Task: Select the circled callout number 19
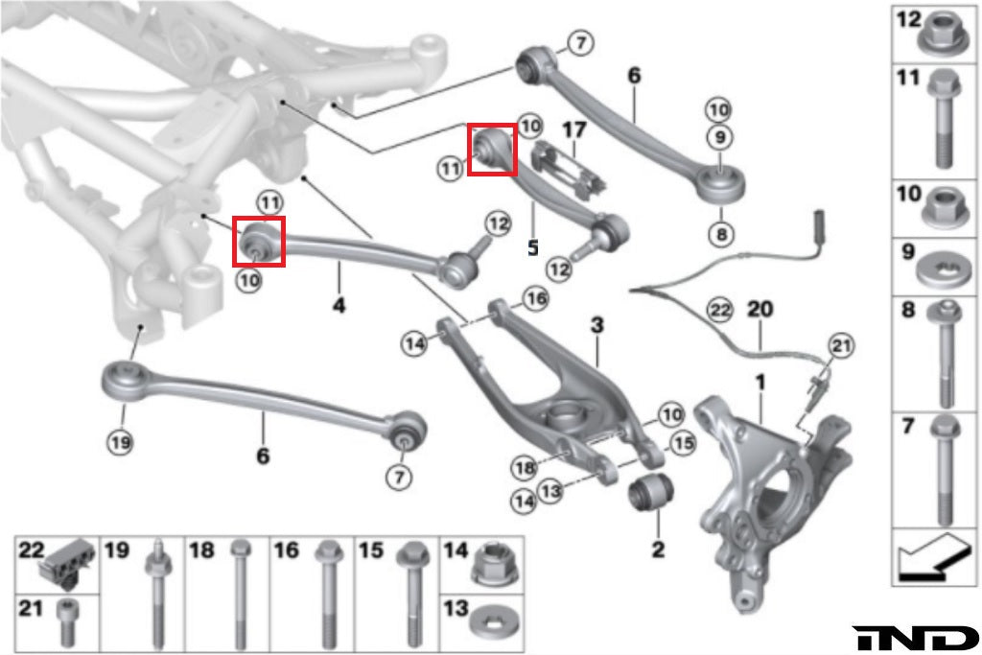click(121, 442)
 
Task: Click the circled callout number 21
click(840, 345)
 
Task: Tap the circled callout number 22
click(718, 310)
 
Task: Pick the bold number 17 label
click(573, 128)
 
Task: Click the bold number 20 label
click(760, 310)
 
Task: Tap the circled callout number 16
click(535, 299)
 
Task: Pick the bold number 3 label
click(597, 326)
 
